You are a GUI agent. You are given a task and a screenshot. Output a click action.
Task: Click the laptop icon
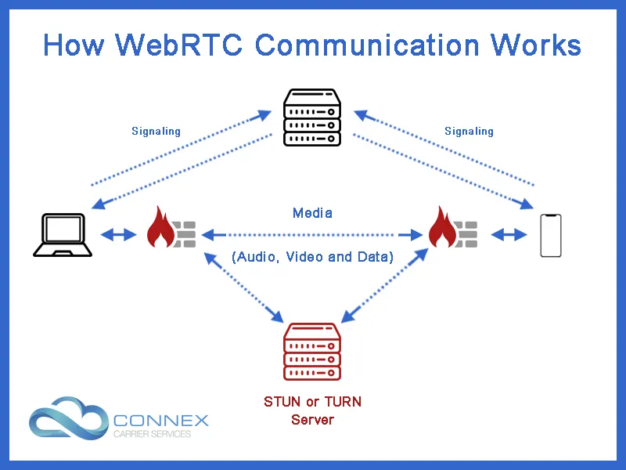tap(63, 234)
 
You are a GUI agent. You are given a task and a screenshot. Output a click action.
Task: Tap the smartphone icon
tap(551, 234)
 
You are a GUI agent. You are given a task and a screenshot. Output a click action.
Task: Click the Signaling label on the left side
tap(156, 131)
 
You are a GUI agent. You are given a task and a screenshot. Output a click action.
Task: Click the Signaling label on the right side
tap(469, 131)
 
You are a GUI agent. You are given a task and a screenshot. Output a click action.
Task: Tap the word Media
tap(312, 212)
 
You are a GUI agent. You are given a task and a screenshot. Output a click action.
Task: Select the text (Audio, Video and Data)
tap(312, 257)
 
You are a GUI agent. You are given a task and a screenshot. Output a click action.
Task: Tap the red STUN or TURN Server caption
tap(312, 410)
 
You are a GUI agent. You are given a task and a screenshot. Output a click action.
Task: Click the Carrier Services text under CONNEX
tap(153, 434)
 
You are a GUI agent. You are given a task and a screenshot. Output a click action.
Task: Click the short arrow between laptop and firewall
tap(117, 234)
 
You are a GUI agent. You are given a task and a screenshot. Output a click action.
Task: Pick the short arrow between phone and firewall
tap(508, 234)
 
